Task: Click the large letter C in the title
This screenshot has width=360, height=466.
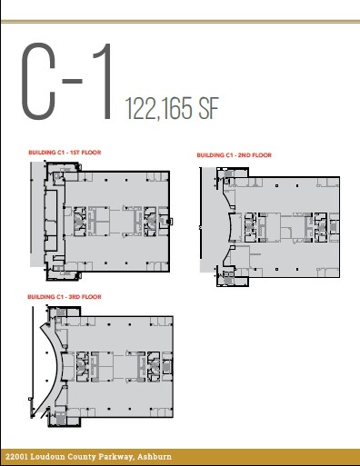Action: coord(42,81)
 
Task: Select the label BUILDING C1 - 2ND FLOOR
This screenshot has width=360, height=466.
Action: coord(234,155)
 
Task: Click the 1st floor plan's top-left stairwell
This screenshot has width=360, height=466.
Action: coord(56,171)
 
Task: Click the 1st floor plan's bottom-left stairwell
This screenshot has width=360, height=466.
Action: coord(56,263)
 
